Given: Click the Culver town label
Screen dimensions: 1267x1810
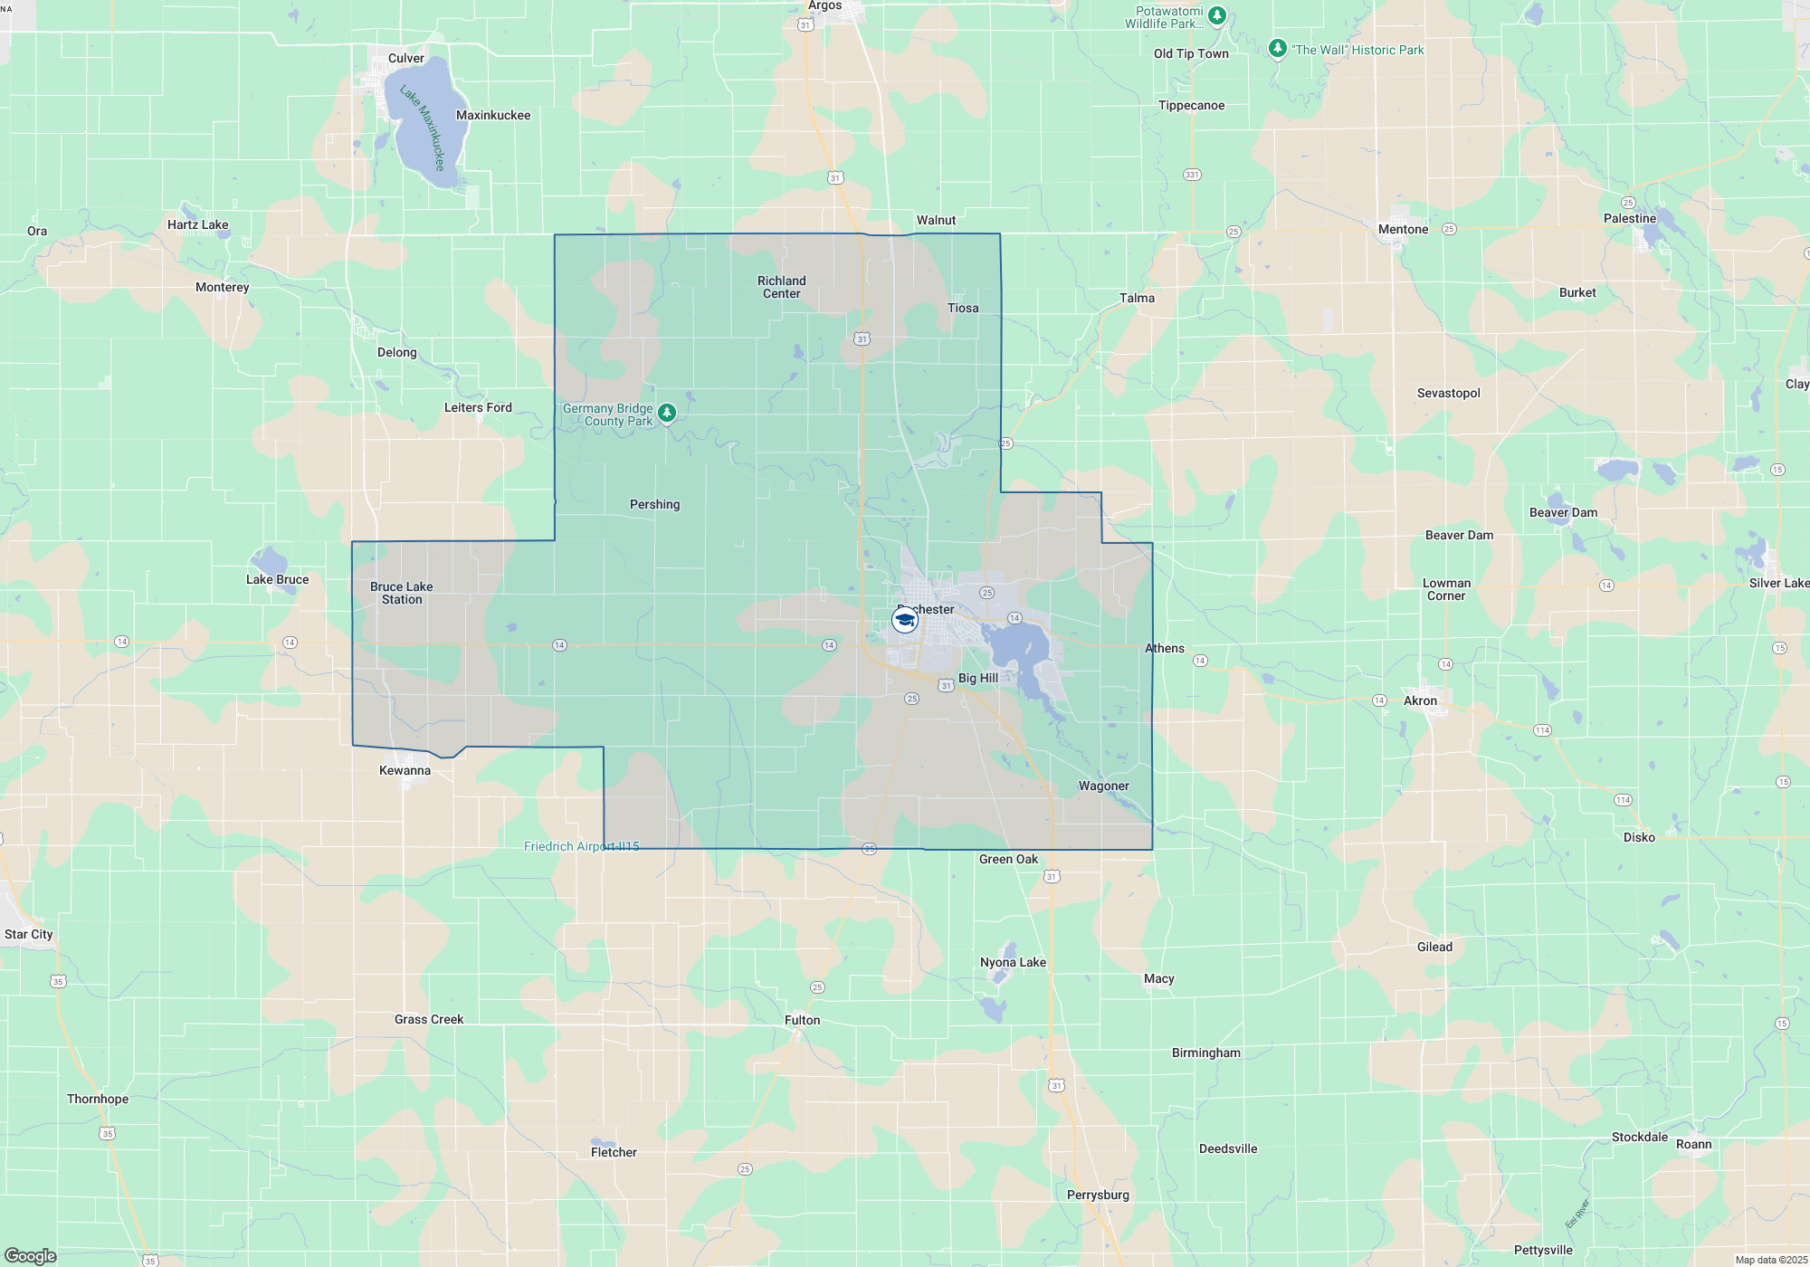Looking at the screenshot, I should tap(405, 59).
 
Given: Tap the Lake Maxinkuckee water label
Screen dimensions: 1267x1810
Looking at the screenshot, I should tap(424, 129).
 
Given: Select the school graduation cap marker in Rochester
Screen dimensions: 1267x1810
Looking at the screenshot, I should tap(904, 620).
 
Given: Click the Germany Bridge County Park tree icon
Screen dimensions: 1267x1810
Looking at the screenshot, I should tap(667, 414).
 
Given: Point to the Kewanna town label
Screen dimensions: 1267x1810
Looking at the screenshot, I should tap(405, 771).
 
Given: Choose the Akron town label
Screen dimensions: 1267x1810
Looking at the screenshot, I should tap(1420, 701).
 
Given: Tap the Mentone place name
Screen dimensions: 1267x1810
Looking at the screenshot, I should tap(1403, 230).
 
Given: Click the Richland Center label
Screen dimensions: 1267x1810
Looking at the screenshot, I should tap(782, 288).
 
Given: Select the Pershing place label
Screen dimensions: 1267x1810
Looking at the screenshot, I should tap(654, 505).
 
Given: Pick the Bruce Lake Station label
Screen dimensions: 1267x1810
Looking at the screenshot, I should tap(402, 594).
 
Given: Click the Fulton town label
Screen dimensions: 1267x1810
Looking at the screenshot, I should tap(802, 1021).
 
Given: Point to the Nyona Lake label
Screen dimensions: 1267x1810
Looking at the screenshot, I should tap(1013, 963).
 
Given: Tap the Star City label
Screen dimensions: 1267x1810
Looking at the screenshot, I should tap(29, 935).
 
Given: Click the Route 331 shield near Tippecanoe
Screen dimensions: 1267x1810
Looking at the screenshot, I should tap(1192, 175).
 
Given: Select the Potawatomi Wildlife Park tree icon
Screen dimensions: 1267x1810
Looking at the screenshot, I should tap(1217, 15).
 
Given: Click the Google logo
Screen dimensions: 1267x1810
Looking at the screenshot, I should tap(31, 1256).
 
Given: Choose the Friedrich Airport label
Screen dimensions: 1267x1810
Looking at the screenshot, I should tap(581, 847).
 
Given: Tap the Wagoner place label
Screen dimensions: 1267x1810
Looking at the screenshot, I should tap(1103, 786).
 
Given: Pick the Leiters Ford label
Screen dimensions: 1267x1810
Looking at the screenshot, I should tap(478, 408).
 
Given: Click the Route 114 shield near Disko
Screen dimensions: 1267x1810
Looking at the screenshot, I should tap(1623, 800).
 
